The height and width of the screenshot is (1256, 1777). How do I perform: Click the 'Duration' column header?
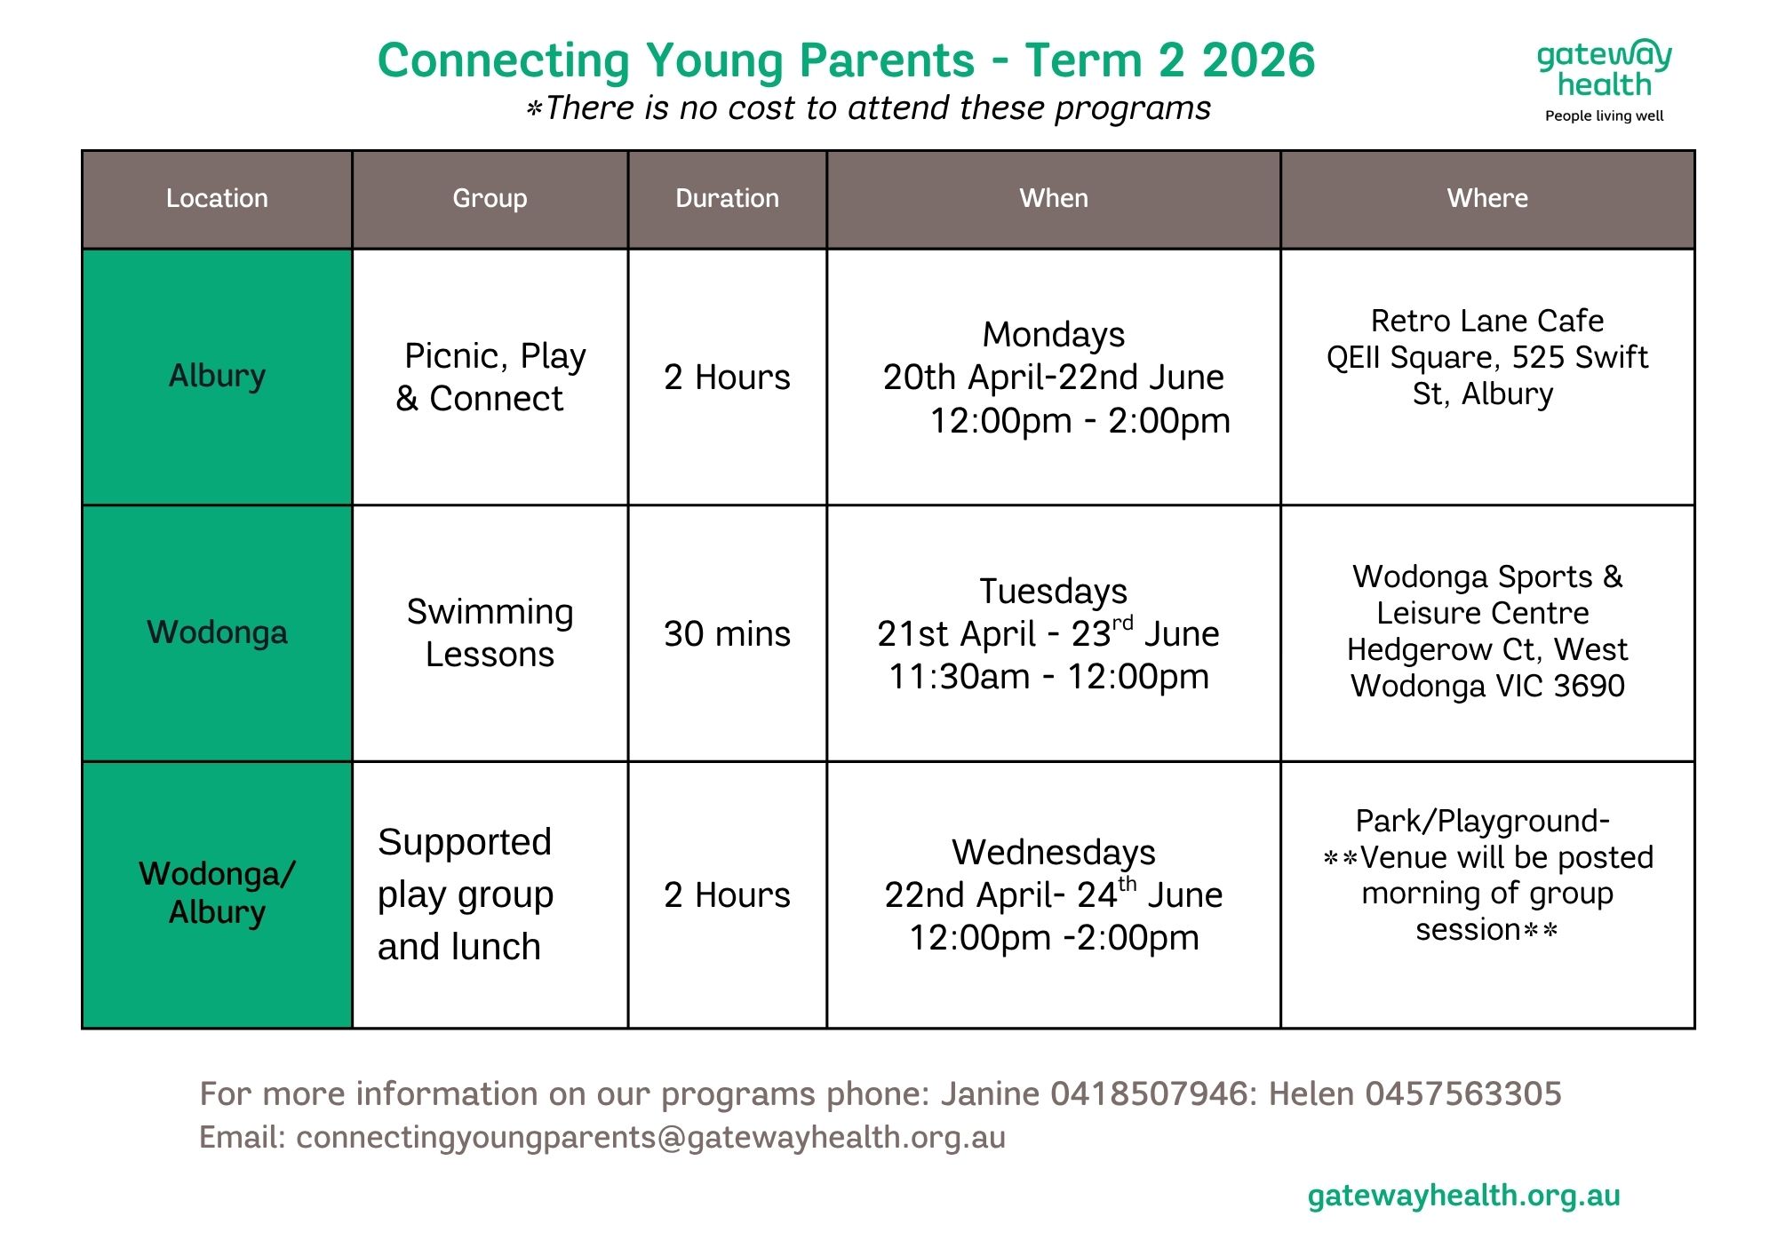pos(727,199)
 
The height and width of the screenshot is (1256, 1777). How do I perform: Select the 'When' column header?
pos(1054,199)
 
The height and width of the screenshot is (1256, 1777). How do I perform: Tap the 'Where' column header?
pos(1487,199)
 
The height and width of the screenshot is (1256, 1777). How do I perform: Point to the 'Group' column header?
pos(490,199)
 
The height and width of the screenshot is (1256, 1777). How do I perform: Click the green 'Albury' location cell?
pos(217,377)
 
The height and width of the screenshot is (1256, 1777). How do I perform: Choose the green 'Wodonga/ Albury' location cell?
pos(217,894)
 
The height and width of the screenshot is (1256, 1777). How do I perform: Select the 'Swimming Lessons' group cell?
pos(490,632)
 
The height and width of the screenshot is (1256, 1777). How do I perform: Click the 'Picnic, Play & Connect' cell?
pos(490,377)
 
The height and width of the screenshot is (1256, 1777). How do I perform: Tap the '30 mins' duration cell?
pos(727,633)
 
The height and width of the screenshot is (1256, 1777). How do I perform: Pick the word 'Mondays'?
pos(1054,335)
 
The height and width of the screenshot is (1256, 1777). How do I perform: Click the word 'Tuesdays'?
pos(1054,591)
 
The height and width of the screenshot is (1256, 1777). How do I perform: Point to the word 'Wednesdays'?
pos(1054,852)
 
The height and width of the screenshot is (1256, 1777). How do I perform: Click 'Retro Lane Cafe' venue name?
pos(1487,321)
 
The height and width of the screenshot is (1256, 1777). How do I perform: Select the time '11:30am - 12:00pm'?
pos(1049,677)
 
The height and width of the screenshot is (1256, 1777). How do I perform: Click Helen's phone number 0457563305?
pos(1463,1093)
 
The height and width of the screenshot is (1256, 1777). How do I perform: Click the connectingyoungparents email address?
pos(651,1138)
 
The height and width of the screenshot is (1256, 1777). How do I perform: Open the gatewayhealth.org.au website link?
pos(1464,1196)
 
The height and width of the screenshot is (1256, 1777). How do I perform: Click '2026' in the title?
pos(1258,60)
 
